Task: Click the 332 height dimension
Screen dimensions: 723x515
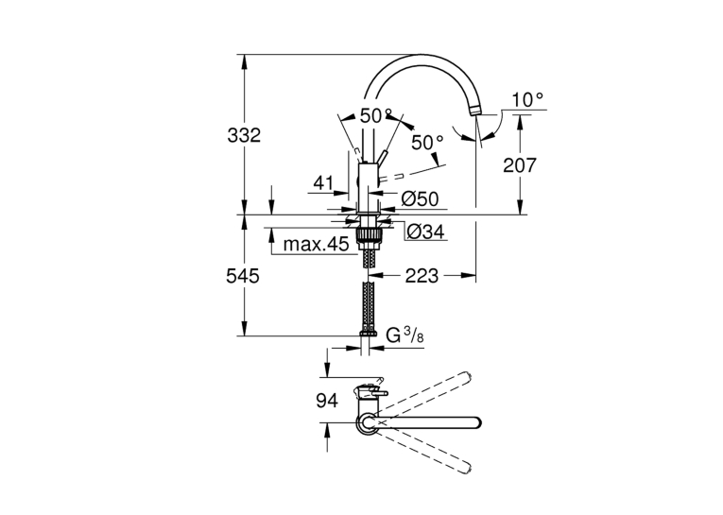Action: [244, 135]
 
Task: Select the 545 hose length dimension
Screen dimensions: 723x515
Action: [243, 276]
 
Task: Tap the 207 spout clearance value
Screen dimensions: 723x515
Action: [520, 165]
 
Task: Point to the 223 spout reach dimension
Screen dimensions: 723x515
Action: [422, 276]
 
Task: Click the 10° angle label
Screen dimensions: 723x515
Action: [527, 99]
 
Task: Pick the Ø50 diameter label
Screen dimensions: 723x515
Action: [420, 198]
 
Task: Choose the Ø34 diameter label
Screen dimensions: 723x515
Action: [426, 231]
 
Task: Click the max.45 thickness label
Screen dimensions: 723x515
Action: [316, 244]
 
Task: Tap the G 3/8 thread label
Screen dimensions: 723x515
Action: [405, 335]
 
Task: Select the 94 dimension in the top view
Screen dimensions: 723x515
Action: [326, 401]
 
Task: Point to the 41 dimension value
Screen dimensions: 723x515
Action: [323, 183]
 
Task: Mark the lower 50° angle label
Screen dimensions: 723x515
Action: [427, 143]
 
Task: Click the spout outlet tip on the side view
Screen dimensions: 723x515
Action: [475, 111]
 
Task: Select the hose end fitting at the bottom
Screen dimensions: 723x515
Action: [368, 333]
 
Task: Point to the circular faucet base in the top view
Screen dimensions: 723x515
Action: [368, 422]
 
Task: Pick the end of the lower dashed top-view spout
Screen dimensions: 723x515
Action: [466, 467]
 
